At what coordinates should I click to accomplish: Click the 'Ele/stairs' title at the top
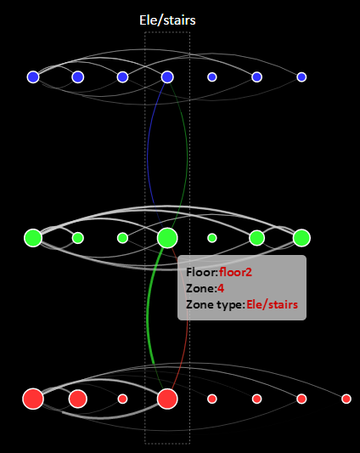(167, 20)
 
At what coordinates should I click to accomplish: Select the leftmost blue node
(33, 76)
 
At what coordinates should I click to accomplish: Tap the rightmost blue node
(301, 76)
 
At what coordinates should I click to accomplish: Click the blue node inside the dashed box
(167, 76)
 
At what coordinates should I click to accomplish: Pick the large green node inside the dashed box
(167, 238)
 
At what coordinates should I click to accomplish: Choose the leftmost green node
(33, 238)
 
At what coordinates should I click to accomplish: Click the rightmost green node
(301, 238)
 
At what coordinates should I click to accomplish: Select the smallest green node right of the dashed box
(212, 238)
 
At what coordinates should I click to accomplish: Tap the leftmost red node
(33, 399)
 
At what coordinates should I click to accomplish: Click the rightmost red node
(346, 399)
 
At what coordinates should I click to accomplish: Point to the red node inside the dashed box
(167, 399)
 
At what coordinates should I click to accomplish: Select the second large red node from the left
(78, 399)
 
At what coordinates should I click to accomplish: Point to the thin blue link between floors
(148, 156)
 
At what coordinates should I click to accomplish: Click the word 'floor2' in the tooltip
(235, 272)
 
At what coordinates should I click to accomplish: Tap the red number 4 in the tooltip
(221, 288)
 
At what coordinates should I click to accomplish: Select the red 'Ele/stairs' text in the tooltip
(272, 304)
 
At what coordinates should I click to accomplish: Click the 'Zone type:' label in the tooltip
(216, 305)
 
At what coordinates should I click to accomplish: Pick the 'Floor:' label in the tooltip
(202, 272)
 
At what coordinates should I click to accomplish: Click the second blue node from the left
(78, 76)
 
